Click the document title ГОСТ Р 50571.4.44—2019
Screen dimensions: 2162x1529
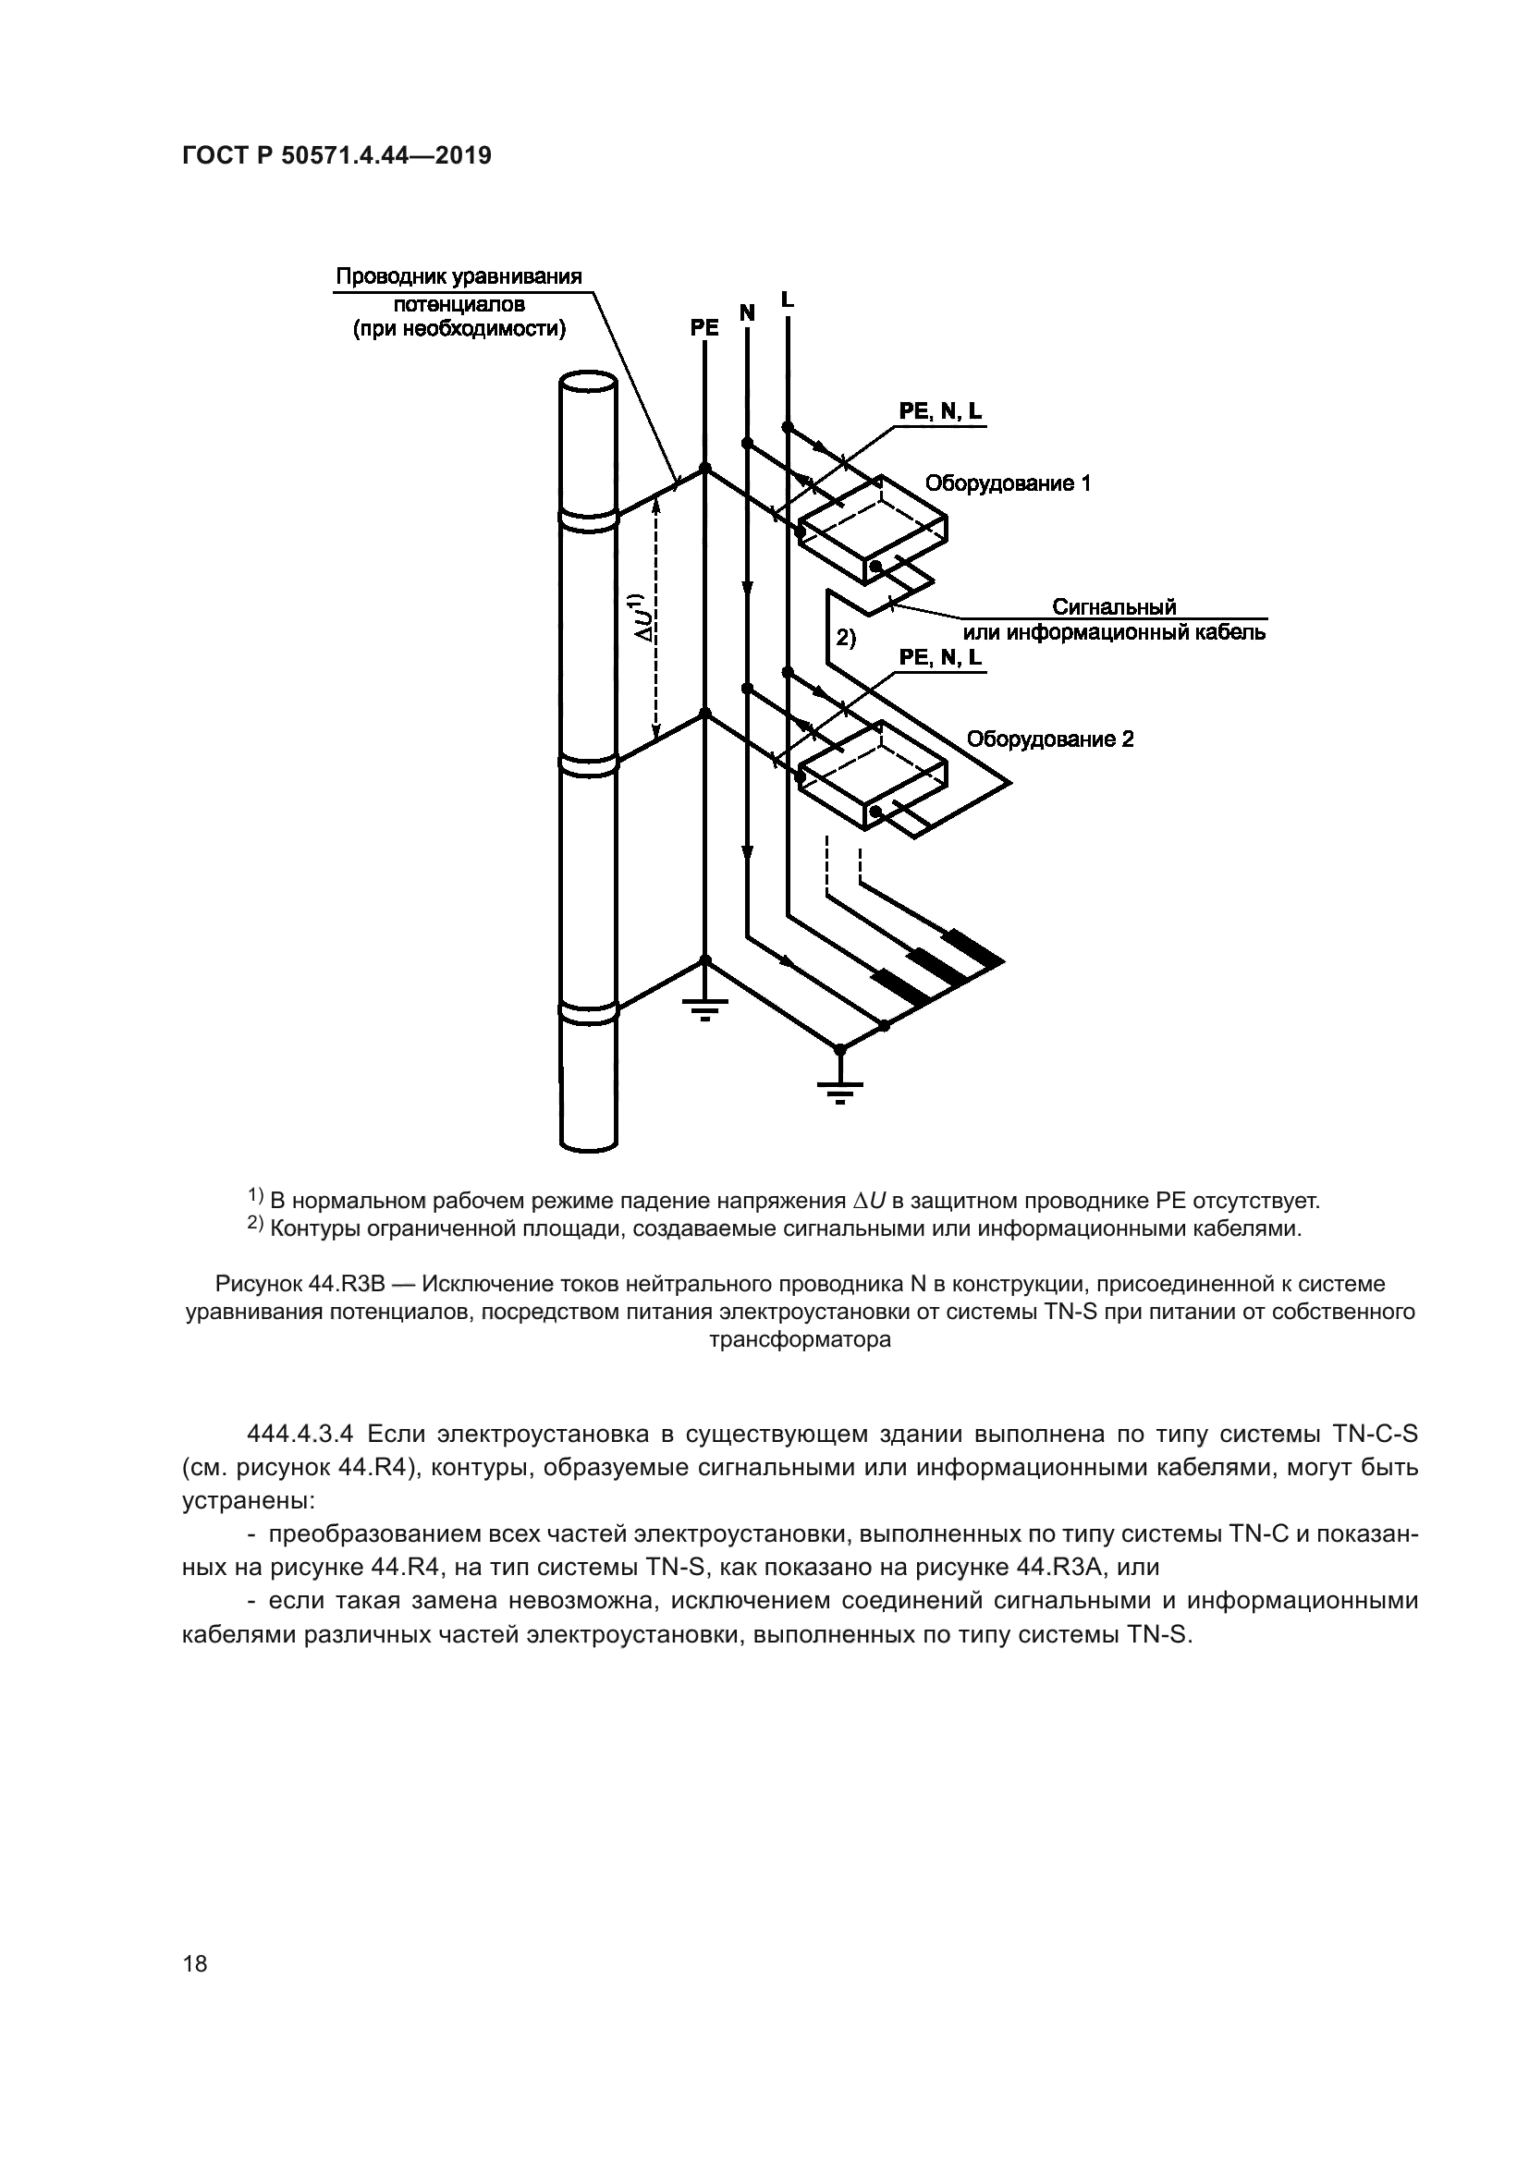pos(336,156)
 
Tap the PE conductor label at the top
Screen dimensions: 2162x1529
pos(704,328)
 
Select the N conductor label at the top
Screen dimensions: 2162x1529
pos(747,312)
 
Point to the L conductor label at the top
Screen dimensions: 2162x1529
pos(787,299)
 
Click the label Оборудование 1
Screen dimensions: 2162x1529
pos(1008,484)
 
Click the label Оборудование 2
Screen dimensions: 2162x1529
pos(1050,739)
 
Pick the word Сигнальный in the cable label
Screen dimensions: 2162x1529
pos(1114,606)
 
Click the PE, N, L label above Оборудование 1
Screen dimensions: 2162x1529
pos(939,411)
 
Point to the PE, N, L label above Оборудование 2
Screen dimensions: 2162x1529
pos(939,657)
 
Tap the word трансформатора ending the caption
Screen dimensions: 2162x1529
pos(800,1339)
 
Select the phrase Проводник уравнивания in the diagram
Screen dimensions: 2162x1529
pos(459,277)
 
